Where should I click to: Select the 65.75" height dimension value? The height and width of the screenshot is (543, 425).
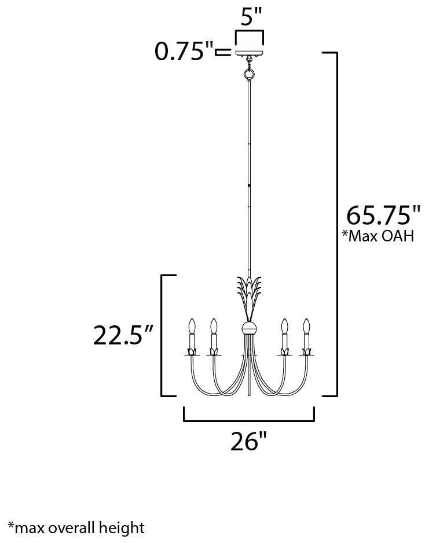(x=383, y=215)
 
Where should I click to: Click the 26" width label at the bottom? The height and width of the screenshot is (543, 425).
(x=249, y=442)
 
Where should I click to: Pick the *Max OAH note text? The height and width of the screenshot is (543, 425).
(x=378, y=236)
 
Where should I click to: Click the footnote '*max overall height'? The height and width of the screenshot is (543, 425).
(x=76, y=527)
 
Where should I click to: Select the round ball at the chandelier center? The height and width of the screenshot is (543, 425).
(x=249, y=329)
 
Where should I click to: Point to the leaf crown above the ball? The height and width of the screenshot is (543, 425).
(x=249, y=295)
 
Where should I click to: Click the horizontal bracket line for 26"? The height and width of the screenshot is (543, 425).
(x=249, y=421)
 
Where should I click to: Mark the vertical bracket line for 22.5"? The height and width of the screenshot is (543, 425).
(x=162, y=336)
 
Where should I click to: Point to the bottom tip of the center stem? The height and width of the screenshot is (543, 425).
(x=249, y=395)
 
